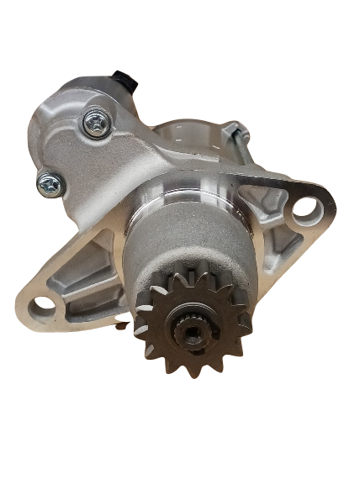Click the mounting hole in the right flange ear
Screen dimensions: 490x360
[x=304, y=206]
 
